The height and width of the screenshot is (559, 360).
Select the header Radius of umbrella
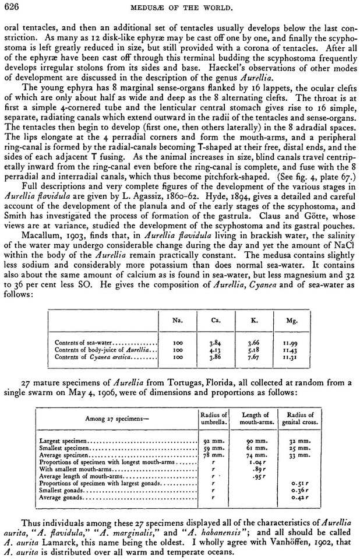click(x=209, y=418)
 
